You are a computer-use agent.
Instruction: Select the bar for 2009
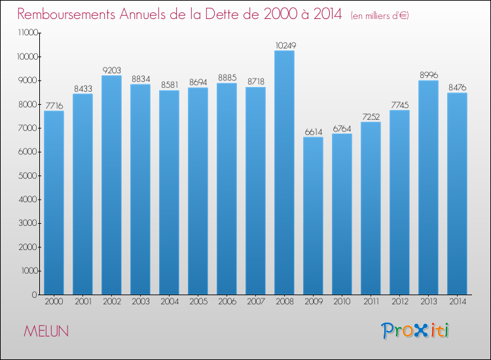coord(313,216)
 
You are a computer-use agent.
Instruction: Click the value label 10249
coord(284,45)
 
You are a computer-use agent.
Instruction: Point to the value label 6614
coord(313,132)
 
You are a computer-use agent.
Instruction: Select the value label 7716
coord(54,105)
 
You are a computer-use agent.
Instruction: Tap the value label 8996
coord(428,75)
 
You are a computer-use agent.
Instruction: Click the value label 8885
coord(227,78)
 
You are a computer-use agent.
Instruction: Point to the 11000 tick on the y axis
coord(27,33)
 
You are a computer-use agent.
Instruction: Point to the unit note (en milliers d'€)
coord(380,15)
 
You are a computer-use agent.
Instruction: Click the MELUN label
coord(46,331)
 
